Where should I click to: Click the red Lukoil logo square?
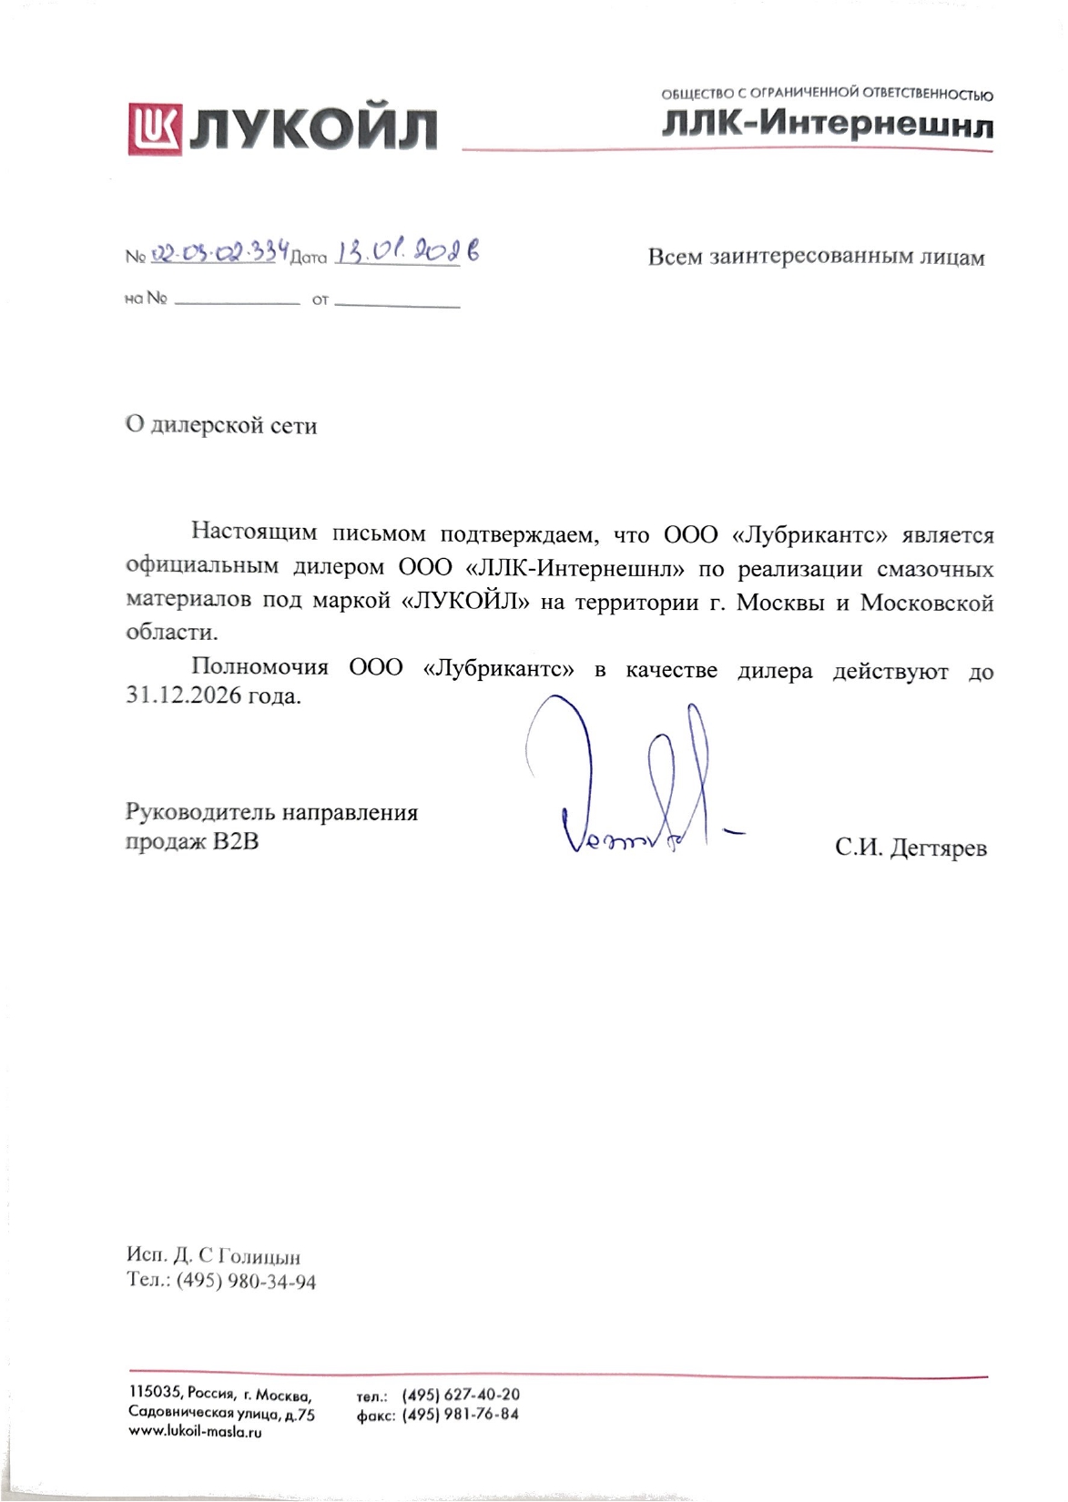156,128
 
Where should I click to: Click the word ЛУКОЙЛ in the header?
314,130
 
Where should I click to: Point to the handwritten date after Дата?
407,251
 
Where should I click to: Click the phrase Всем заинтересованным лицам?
816,258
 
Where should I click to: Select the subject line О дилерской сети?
221,425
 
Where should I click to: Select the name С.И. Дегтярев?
910,848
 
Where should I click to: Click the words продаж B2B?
192,841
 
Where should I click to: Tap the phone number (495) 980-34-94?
246,1282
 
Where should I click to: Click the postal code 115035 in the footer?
155,1394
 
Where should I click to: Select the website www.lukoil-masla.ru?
195,1432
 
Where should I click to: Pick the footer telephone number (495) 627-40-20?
461,1395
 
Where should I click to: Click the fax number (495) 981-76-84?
461,1415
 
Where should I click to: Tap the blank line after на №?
236,300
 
